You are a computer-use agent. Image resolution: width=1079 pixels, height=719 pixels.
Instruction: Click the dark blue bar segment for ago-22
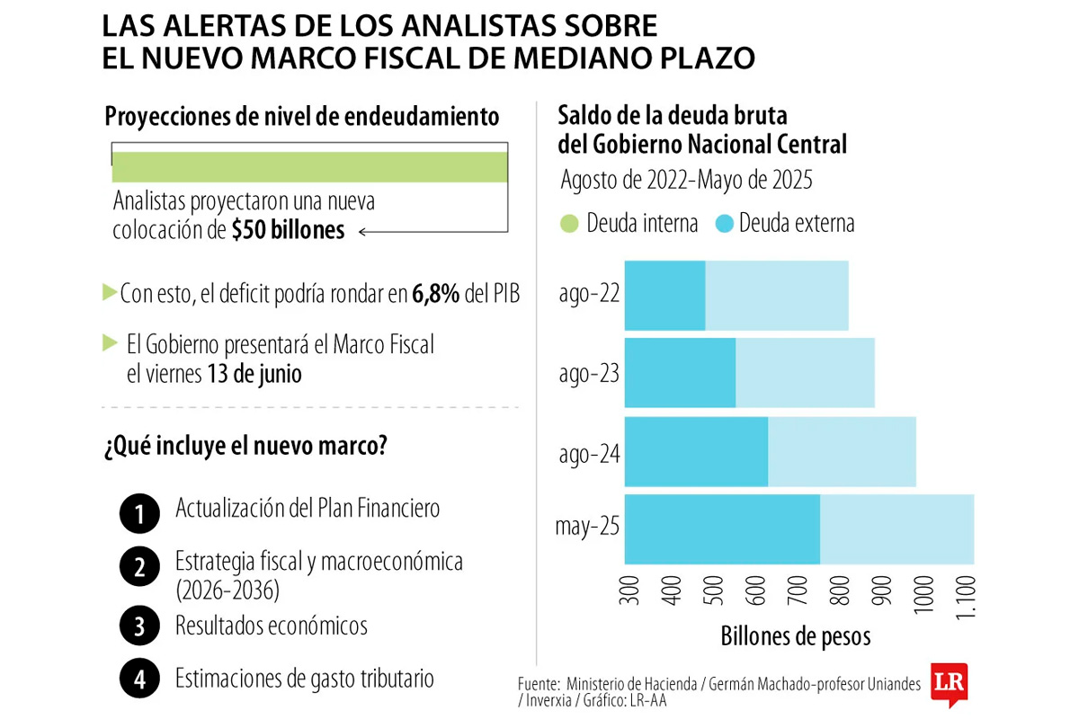664,296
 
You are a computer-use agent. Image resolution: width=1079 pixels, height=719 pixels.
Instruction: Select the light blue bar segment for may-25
896,529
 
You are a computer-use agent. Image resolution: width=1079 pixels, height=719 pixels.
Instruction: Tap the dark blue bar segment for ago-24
696,451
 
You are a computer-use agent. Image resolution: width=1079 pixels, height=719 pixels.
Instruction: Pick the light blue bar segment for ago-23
805,373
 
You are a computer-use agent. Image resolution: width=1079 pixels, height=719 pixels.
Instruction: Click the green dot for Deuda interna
569,223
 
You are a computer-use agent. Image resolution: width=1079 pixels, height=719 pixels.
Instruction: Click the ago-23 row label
589,373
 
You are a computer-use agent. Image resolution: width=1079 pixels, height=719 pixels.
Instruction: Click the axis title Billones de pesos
796,636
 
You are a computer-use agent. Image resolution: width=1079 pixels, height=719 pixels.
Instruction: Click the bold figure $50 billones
288,231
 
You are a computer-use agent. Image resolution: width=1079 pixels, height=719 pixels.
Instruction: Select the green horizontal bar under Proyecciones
309,167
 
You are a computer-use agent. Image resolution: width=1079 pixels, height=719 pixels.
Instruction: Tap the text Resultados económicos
271,626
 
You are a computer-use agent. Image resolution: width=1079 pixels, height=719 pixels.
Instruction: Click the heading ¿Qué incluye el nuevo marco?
245,446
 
